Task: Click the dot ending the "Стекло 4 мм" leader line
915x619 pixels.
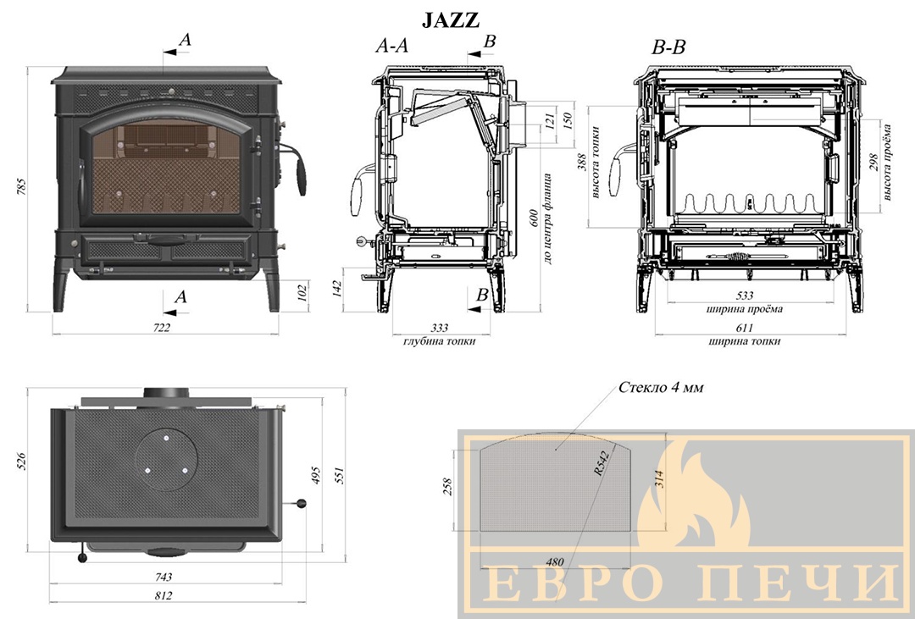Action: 556,450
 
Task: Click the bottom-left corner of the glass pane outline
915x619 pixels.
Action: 480,531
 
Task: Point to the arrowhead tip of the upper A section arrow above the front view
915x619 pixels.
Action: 164,53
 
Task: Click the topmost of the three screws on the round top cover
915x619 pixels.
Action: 166,438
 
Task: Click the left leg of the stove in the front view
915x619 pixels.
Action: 61,290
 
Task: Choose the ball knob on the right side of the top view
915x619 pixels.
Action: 302,504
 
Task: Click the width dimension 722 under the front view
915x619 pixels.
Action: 162,328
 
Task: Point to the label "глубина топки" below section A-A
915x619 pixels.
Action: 439,340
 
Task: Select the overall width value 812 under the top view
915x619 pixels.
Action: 164,595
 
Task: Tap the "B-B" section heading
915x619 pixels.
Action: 668,47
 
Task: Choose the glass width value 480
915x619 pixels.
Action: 555,561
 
